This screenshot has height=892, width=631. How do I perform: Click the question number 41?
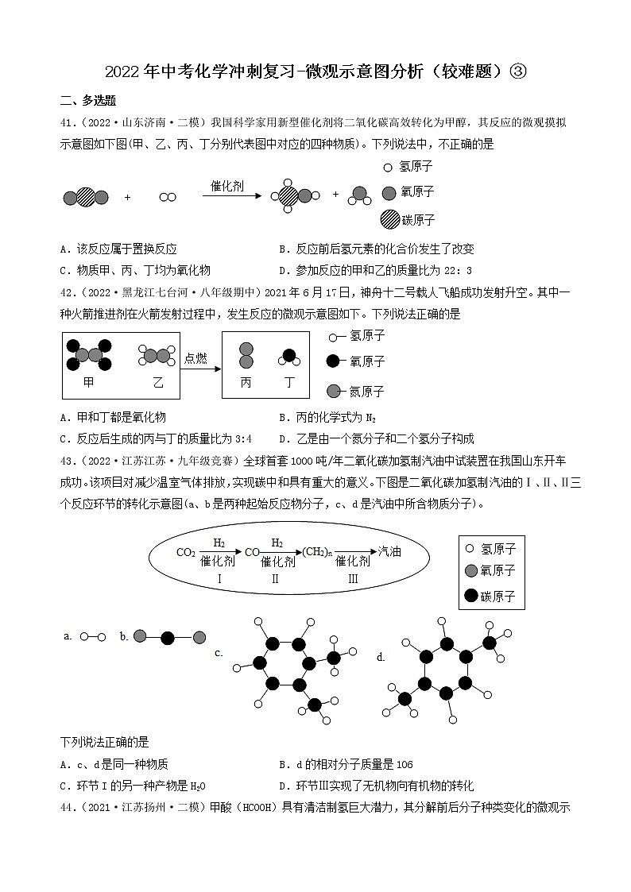click(68, 122)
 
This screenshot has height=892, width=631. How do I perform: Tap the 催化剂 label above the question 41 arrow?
click(226, 185)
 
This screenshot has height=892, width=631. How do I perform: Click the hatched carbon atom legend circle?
click(389, 219)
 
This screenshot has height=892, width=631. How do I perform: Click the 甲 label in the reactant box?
click(88, 382)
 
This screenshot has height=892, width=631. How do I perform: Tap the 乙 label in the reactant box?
click(157, 382)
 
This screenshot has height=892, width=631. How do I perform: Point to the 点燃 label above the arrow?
click(195, 357)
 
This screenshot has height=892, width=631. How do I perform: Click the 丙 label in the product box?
click(246, 382)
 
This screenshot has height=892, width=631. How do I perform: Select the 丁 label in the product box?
click(289, 382)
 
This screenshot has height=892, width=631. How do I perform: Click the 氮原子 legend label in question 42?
click(366, 391)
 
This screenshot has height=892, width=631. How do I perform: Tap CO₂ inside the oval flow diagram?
click(186, 552)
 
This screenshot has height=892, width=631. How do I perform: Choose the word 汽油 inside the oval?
click(389, 551)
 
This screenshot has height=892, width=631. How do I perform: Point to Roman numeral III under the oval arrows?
click(353, 578)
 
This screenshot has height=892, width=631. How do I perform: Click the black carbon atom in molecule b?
click(167, 636)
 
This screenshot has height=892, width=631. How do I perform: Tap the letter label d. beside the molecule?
click(381, 657)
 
